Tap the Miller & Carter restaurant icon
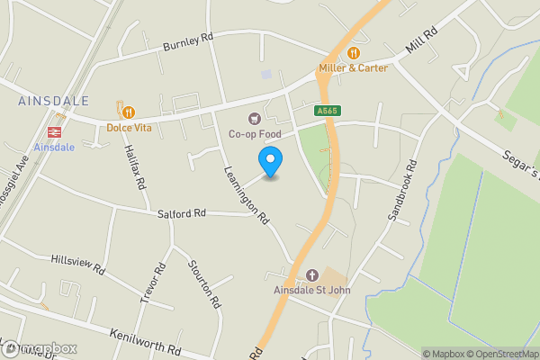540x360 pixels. point(354,52)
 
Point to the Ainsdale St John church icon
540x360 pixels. point(312,274)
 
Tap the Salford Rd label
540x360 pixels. point(182,213)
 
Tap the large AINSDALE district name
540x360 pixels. point(52,102)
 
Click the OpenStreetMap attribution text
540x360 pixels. point(498,354)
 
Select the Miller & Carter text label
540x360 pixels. point(354,67)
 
